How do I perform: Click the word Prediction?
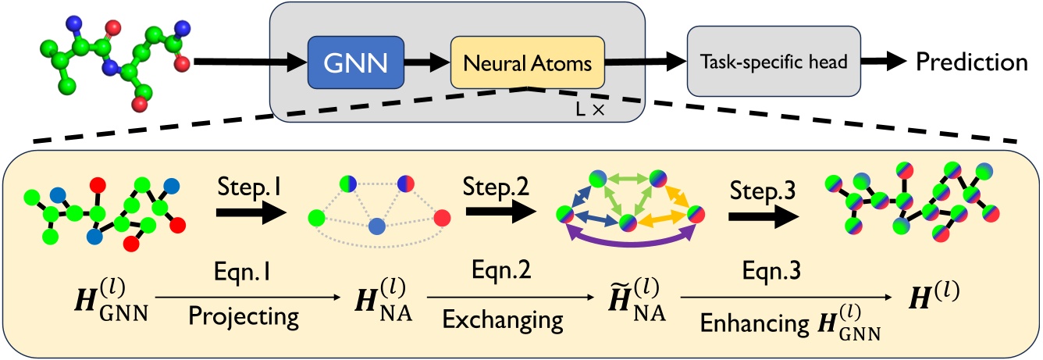point(971,62)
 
